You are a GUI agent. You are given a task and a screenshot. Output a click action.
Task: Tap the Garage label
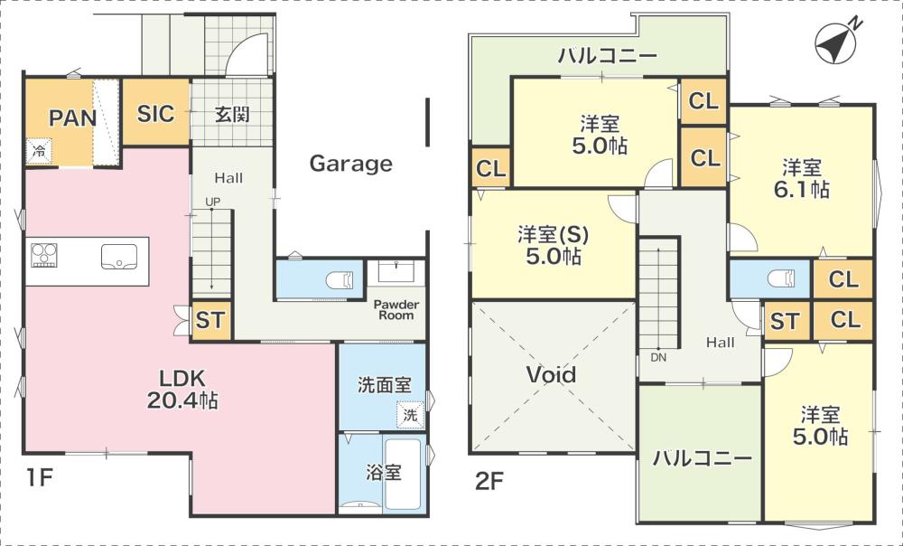click(350, 164)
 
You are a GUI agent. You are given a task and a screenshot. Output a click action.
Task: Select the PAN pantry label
click(72, 118)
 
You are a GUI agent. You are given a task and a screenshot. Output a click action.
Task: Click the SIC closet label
click(155, 114)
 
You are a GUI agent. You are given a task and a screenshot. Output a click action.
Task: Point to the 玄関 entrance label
click(232, 114)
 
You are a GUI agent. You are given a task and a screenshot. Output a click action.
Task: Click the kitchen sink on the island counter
click(119, 257)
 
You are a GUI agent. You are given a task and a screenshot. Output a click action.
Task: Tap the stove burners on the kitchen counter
click(44, 256)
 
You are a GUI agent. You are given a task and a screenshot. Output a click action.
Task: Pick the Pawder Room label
click(396, 310)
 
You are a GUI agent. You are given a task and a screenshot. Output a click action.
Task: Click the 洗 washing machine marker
click(410, 415)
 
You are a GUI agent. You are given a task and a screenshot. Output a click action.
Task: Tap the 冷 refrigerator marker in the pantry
click(39, 152)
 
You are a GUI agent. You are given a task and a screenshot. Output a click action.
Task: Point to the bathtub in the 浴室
click(402, 474)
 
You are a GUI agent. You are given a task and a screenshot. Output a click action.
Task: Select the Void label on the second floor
click(551, 375)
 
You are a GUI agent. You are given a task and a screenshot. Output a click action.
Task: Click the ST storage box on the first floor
click(210, 321)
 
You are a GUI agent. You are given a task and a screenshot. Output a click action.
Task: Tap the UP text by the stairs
click(212, 202)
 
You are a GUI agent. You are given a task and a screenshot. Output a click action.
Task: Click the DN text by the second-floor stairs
click(658, 357)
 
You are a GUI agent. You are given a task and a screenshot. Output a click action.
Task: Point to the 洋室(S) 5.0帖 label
click(553, 245)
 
